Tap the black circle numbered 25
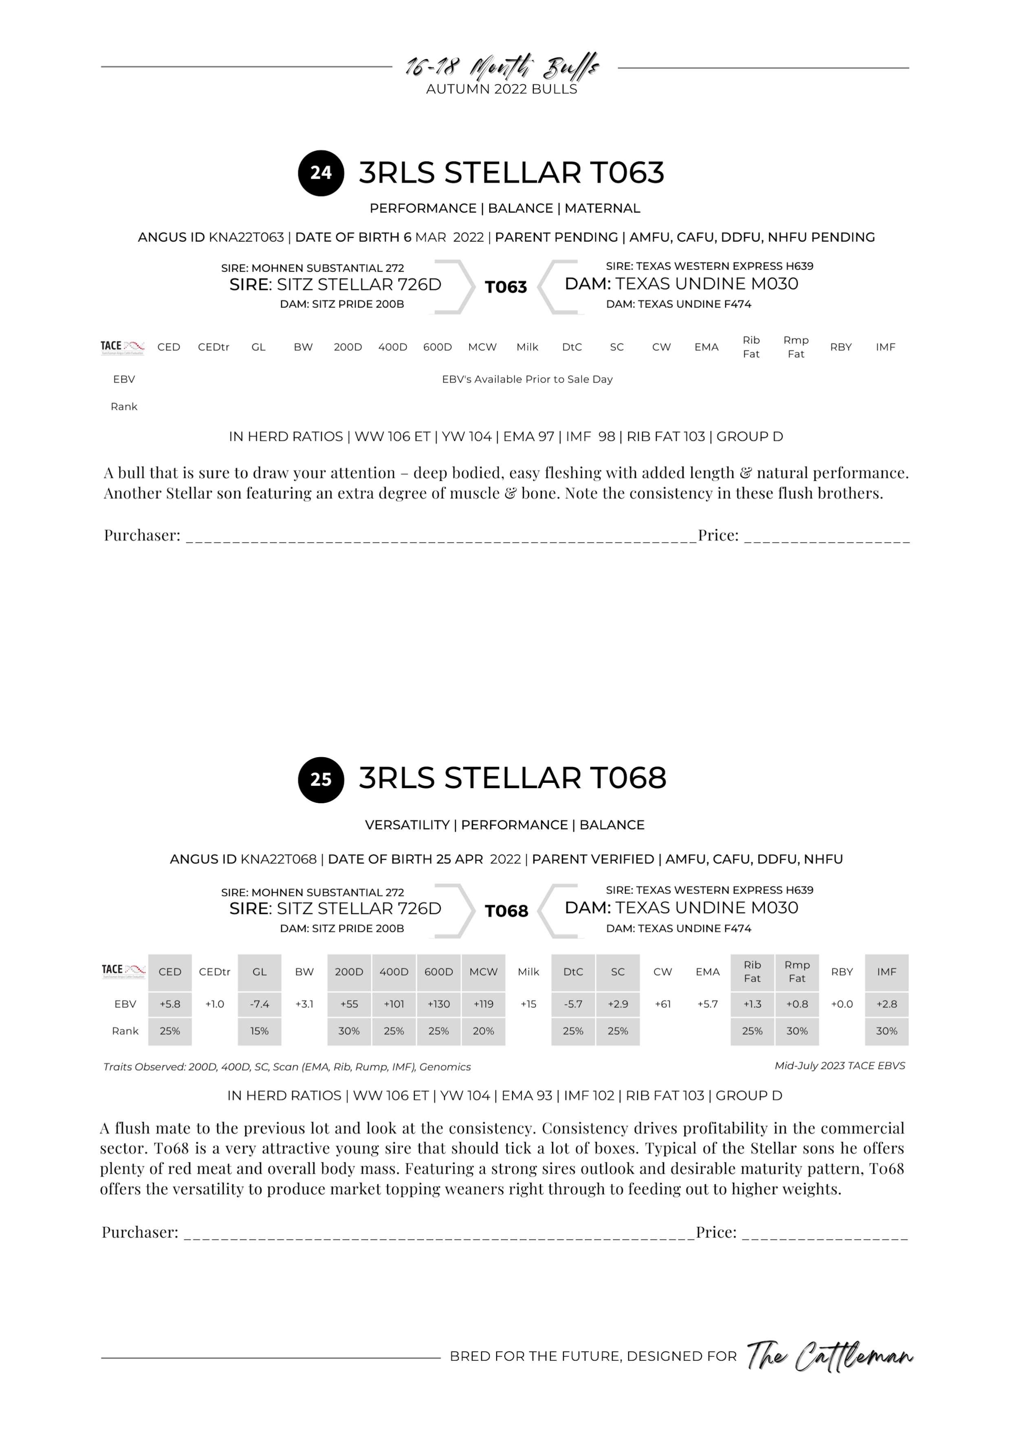point(321,779)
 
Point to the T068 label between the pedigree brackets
point(506,911)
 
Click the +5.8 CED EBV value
point(170,1004)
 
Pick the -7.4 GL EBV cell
point(260,1004)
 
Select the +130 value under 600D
point(439,1004)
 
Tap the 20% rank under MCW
point(484,1031)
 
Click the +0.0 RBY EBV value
point(842,1004)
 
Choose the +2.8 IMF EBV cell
point(887,1004)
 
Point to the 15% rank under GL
point(260,1031)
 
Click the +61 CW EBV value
point(663,1004)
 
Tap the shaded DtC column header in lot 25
point(573,972)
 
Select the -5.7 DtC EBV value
point(573,1004)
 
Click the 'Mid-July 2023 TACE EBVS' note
point(839,1065)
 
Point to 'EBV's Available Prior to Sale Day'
point(527,379)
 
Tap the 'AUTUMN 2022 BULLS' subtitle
point(502,89)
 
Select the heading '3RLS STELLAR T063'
point(512,172)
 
